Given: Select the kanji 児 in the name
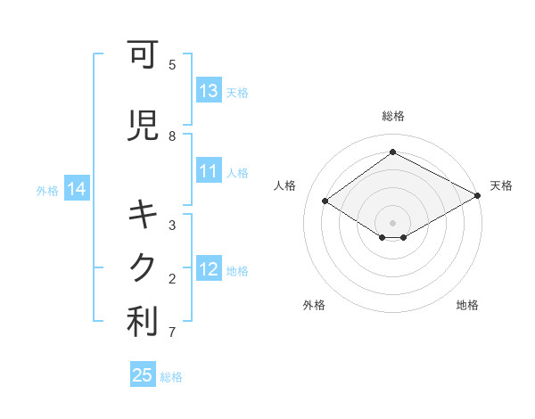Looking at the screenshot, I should click(x=144, y=127).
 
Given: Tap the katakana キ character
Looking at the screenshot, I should click(x=144, y=215).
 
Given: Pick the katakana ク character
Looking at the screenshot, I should click(x=144, y=268).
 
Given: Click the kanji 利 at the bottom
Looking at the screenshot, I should click(x=144, y=323).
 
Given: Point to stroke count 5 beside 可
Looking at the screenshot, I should click(x=172, y=64).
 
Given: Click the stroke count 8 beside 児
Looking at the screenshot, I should click(x=172, y=136).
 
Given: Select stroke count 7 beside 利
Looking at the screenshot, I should click(x=172, y=333).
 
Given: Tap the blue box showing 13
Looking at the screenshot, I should click(x=209, y=91).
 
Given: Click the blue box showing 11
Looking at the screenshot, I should click(x=209, y=172).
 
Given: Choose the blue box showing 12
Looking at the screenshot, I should click(x=209, y=270).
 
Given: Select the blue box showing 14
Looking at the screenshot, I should click(x=77, y=189).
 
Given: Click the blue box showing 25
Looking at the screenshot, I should click(x=143, y=375).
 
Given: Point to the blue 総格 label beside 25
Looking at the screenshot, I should click(x=171, y=377).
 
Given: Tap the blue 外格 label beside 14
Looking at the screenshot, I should click(x=47, y=190).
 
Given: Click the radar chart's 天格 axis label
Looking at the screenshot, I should click(x=501, y=185).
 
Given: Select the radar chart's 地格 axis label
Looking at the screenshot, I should click(x=467, y=305).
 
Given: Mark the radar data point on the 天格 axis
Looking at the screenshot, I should click(x=478, y=196).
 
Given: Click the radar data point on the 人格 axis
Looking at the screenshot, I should click(x=325, y=201).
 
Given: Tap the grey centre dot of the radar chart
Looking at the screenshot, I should click(x=392, y=222).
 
